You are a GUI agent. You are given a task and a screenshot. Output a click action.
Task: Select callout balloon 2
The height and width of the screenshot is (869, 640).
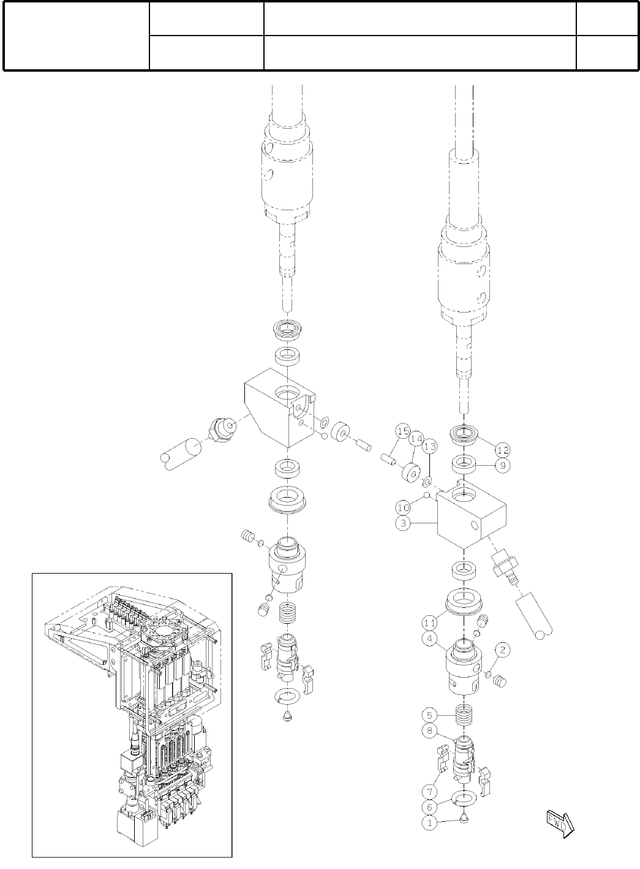tap(503, 650)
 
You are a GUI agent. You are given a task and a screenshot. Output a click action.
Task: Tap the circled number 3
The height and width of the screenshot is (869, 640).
tap(403, 523)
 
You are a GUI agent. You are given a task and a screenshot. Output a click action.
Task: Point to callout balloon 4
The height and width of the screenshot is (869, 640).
tap(429, 638)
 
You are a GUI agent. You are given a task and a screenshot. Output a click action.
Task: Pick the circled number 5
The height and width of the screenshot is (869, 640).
tap(429, 715)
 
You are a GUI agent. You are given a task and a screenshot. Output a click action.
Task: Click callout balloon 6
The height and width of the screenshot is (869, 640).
tap(429, 807)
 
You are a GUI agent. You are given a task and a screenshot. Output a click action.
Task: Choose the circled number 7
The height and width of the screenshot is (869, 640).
tap(429, 791)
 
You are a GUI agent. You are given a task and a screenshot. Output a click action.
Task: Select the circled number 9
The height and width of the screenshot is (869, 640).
tap(503, 465)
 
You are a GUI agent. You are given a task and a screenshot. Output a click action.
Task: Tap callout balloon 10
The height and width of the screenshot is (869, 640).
tap(403, 507)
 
